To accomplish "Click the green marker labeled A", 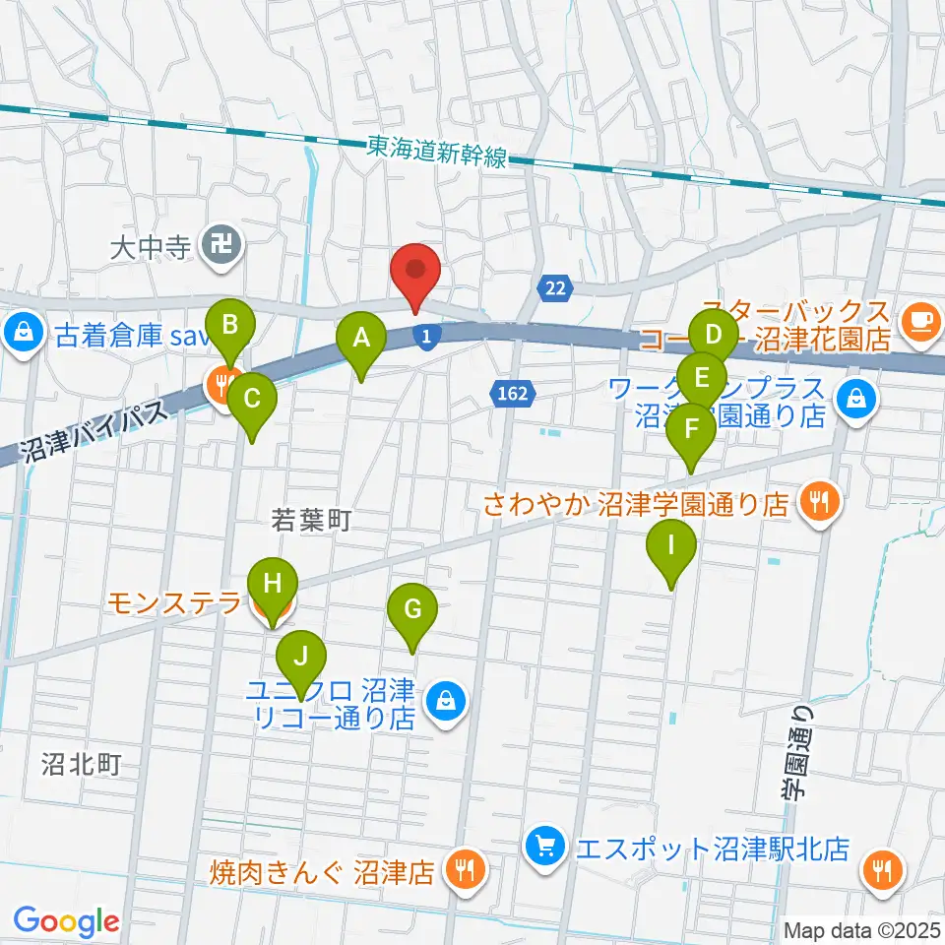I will click(x=361, y=341).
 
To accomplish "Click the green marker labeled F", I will click(x=692, y=431).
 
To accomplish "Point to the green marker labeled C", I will click(x=252, y=401).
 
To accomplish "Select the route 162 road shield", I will click(x=512, y=394).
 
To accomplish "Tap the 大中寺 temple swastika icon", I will click(x=215, y=242).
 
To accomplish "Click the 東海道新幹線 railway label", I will click(x=436, y=151).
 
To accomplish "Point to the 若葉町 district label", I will click(x=311, y=520).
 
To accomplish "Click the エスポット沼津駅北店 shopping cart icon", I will click(x=543, y=845).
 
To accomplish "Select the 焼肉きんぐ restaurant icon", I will click(x=461, y=868).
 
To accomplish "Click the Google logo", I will click(x=66, y=921).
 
